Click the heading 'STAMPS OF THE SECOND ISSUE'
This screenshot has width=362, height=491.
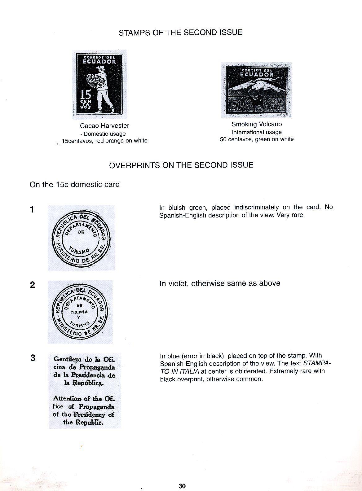tap(180, 33)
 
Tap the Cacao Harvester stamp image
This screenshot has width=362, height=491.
tap(98, 84)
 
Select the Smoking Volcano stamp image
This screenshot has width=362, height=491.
tap(256, 90)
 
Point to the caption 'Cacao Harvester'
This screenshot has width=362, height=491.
tap(104, 126)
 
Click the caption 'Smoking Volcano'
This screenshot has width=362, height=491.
tap(257, 124)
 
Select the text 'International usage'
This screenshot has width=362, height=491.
tap(257, 132)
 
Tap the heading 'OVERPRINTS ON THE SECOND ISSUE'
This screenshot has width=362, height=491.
tap(181, 165)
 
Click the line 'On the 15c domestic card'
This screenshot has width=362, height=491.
tap(75, 185)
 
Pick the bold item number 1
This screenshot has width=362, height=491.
tap(32, 210)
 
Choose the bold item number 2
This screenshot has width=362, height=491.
tap(32, 285)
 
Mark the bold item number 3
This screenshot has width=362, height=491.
tap(33, 358)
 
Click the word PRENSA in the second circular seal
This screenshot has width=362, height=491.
tap(79, 312)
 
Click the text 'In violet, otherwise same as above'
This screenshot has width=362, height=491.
tap(220, 283)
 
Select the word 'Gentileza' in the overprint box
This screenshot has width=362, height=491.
tap(68, 359)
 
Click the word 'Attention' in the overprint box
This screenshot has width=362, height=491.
tap(67, 398)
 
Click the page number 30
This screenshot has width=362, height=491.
tap(182, 486)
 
